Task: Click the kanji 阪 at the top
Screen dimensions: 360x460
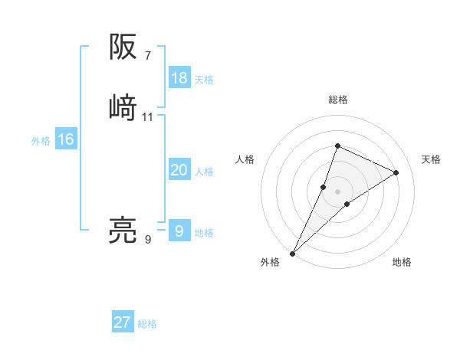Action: [x=123, y=47]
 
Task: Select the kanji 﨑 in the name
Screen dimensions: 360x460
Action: [x=123, y=107]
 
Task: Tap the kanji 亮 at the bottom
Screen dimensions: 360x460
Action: [x=123, y=231]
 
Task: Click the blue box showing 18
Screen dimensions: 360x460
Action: [x=179, y=78]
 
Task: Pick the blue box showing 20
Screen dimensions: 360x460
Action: [x=179, y=170]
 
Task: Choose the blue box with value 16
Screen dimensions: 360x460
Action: [x=66, y=139]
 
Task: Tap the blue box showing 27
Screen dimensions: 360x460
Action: [x=123, y=322]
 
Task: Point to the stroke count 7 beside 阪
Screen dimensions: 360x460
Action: [x=147, y=55]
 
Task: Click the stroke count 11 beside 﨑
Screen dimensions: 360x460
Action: [x=148, y=116]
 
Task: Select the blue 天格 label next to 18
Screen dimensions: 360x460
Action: [x=204, y=80]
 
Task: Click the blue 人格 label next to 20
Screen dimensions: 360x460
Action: [x=204, y=172]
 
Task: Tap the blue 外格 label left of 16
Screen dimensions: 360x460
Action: [x=41, y=141]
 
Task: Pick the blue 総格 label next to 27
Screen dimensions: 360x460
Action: [x=147, y=324]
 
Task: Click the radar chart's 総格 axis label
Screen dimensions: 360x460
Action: [x=338, y=100]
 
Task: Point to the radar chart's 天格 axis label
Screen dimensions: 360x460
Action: [x=432, y=159]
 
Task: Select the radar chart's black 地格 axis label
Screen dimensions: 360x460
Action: [x=402, y=262]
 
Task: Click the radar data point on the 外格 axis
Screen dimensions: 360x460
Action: [x=292, y=253]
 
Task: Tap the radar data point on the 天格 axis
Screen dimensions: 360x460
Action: [x=396, y=172]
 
